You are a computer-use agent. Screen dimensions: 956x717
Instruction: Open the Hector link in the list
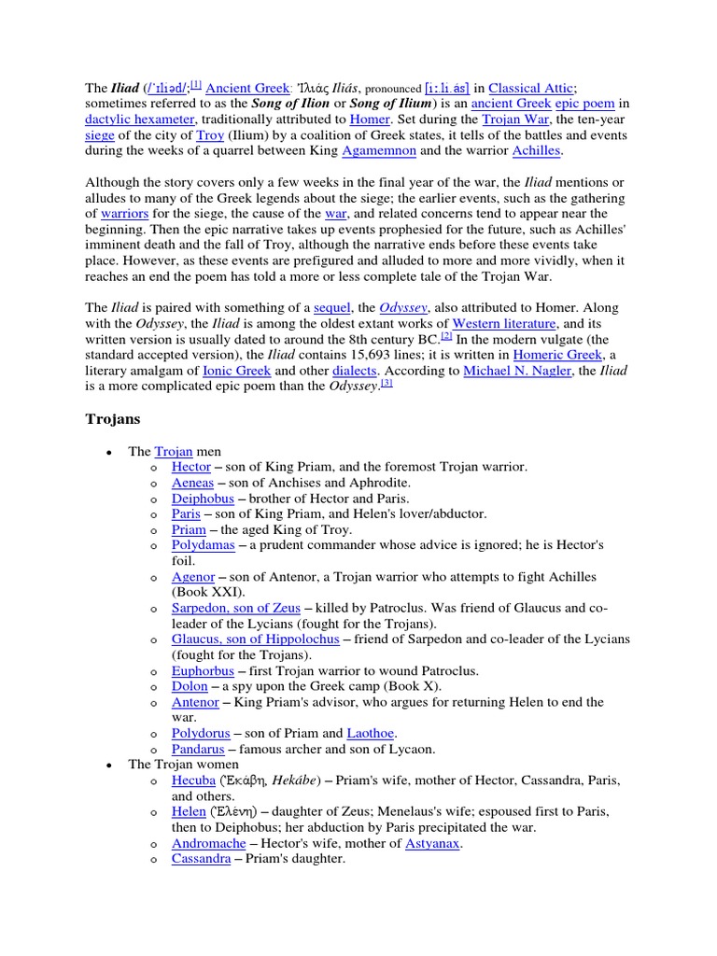coord(191,466)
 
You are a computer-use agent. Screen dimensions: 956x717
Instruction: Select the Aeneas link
coord(192,483)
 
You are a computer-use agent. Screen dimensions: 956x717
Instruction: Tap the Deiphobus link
coord(201,499)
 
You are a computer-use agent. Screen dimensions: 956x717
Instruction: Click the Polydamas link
coord(203,544)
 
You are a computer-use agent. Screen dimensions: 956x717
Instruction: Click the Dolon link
coord(190,686)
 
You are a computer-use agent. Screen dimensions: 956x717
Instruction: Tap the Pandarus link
coord(199,748)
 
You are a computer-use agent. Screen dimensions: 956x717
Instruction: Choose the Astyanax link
coord(433,843)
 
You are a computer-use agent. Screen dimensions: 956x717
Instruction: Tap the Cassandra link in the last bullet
coord(201,858)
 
